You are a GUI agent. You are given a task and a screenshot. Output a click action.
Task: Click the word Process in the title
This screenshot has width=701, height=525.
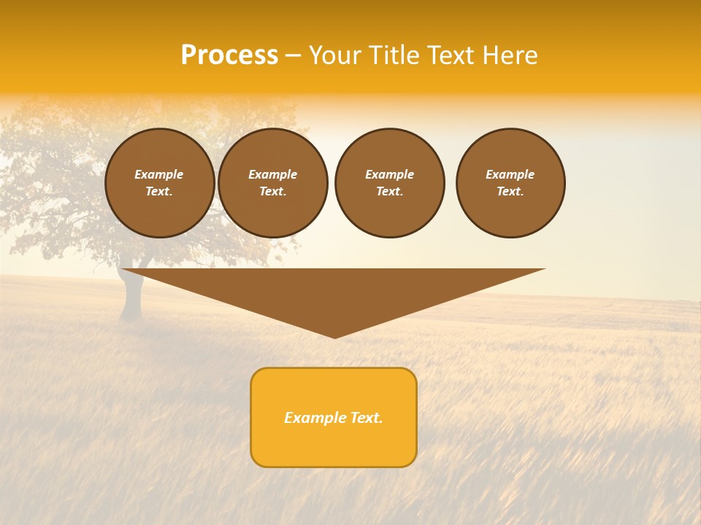[x=229, y=55]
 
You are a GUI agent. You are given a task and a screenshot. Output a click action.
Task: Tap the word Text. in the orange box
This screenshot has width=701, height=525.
[x=366, y=418]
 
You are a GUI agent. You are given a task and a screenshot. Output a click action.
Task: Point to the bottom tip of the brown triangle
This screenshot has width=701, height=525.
[x=334, y=336]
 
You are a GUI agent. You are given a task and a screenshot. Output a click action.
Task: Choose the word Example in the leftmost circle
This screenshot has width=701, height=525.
[x=159, y=174]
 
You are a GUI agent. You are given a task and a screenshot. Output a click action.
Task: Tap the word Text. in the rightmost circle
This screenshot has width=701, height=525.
[x=510, y=191]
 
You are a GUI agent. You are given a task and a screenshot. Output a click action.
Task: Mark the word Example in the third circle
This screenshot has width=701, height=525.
[x=389, y=174]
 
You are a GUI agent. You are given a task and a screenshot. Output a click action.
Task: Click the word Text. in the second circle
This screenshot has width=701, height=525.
[x=272, y=191]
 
